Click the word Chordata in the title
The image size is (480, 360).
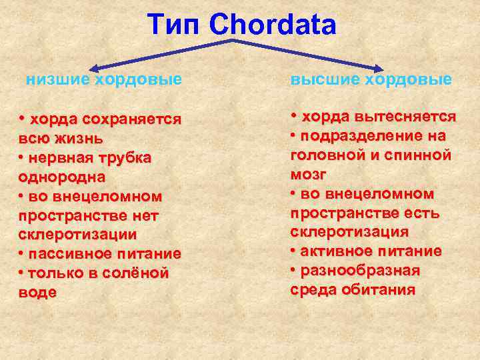pyautogui.click(x=273, y=25)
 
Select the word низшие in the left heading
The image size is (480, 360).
pyautogui.click(x=57, y=80)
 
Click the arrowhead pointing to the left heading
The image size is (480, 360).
pyautogui.click(x=93, y=67)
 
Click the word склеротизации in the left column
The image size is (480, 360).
pyautogui.click(x=77, y=235)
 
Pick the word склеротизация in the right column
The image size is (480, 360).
pyautogui.click(x=349, y=232)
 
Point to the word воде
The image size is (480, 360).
pyautogui.click(x=37, y=293)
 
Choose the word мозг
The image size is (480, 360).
pyautogui.click(x=308, y=175)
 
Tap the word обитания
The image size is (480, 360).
pyautogui.click(x=379, y=290)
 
